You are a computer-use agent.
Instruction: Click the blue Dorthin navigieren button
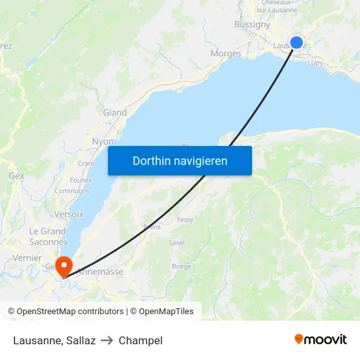click(x=180, y=160)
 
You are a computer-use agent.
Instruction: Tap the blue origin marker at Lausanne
click(x=297, y=43)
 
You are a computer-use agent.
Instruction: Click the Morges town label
click(x=226, y=54)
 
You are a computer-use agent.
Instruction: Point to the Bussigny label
click(x=252, y=24)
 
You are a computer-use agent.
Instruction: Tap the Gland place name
click(x=115, y=113)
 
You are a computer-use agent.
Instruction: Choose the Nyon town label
click(x=103, y=141)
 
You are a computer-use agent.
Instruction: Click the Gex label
click(x=16, y=176)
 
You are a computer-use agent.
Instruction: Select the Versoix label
click(x=69, y=214)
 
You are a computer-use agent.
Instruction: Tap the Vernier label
click(x=27, y=258)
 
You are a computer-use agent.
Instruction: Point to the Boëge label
click(x=181, y=266)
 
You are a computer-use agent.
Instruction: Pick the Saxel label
click(x=177, y=242)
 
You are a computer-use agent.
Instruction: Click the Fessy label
click(x=185, y=220)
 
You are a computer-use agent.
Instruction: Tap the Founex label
click(x=81, y=180)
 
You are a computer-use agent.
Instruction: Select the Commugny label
click(x=72, y=191)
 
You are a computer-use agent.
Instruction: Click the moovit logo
click(x=321, y=339)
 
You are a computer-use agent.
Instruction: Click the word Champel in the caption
click(x=141, y=340)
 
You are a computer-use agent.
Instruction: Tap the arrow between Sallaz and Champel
click(x=107, y=340)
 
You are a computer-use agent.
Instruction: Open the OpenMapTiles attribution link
click(x=162, y=312)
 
